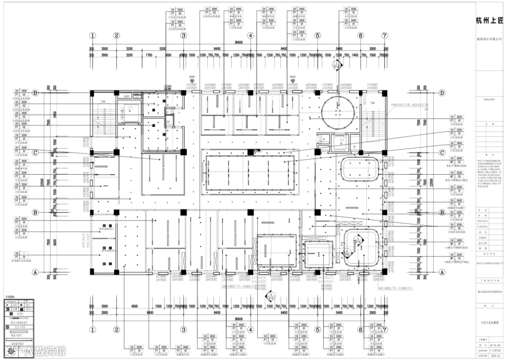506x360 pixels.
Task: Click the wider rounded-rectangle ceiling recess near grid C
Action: coord(360,169)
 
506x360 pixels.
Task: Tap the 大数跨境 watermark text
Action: coord(39,351)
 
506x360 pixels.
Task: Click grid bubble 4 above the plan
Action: coord(251,36)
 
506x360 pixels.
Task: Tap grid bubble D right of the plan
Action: coord(441,93)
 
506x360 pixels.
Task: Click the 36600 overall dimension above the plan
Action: coord(239,43)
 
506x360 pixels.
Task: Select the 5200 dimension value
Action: coord(163,49)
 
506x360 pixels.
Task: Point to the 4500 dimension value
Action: coord(134,307)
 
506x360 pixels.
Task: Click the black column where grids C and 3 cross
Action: coord(183,152)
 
